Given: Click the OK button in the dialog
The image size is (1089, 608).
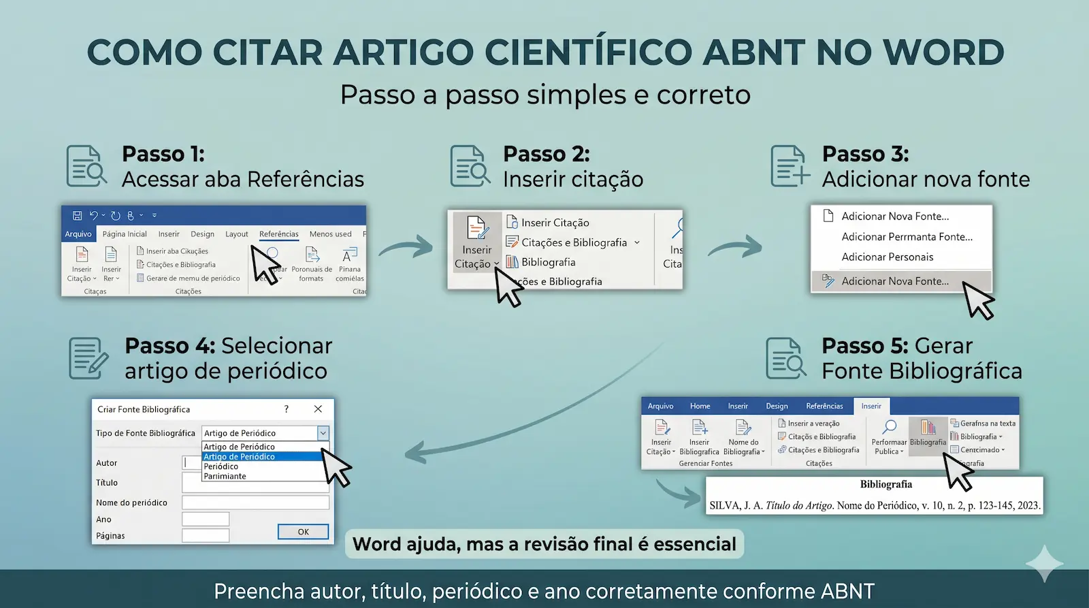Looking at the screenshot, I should [x=303, y=532].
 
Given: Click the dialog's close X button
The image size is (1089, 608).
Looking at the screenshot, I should [x=318, y=409].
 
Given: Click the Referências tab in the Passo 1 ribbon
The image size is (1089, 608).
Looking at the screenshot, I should [x=278, y=234].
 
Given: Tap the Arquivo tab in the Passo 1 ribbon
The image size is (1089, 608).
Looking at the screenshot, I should [x=78, y=234].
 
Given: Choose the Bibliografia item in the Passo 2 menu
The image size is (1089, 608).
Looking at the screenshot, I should [x=548, y=262].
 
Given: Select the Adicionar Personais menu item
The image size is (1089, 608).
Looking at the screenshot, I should [x=887, y=257].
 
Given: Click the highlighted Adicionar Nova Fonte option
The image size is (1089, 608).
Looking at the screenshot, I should [x=894, y=281].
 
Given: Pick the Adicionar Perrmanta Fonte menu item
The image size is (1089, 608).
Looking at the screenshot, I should [x=907, y=237].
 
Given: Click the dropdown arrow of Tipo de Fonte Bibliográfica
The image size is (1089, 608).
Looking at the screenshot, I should [x=323, y=433].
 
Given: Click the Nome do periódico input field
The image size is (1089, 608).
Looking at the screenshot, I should [x=255, y=502].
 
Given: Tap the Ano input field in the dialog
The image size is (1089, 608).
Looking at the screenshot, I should [x=206, y=519].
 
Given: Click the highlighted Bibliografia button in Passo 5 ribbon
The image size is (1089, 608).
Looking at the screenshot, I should [x=928, y=433].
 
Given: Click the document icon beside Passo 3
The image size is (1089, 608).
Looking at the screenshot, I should [x=790, y=165].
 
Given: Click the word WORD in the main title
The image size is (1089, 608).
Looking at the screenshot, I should [x=943, y=52].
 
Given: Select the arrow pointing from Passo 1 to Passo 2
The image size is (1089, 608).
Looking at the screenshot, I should [x=406, y=246].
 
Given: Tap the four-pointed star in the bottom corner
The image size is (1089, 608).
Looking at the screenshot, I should [x=1044, y=563].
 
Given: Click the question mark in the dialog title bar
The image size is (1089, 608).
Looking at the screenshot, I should [x=286, y=409].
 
